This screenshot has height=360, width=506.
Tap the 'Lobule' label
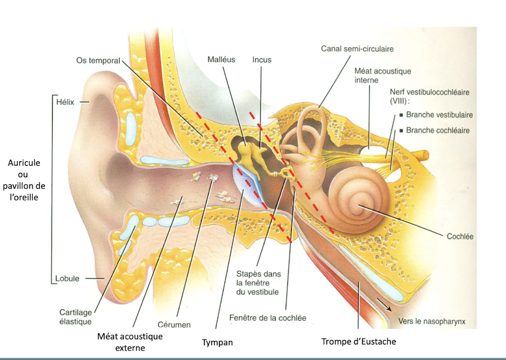pos(68,278)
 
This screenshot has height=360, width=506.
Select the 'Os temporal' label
pos(98,60)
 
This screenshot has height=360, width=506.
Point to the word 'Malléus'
pos(221,59)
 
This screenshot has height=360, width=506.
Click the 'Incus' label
pos(261,59)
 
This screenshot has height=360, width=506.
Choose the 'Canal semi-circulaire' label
pos(357,49)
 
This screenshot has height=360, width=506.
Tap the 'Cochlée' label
pos(459,236)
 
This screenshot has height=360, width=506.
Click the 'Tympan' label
pos(217,342)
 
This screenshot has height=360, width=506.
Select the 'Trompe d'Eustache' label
pos(359,341)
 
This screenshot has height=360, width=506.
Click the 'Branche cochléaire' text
pos(437,130)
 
